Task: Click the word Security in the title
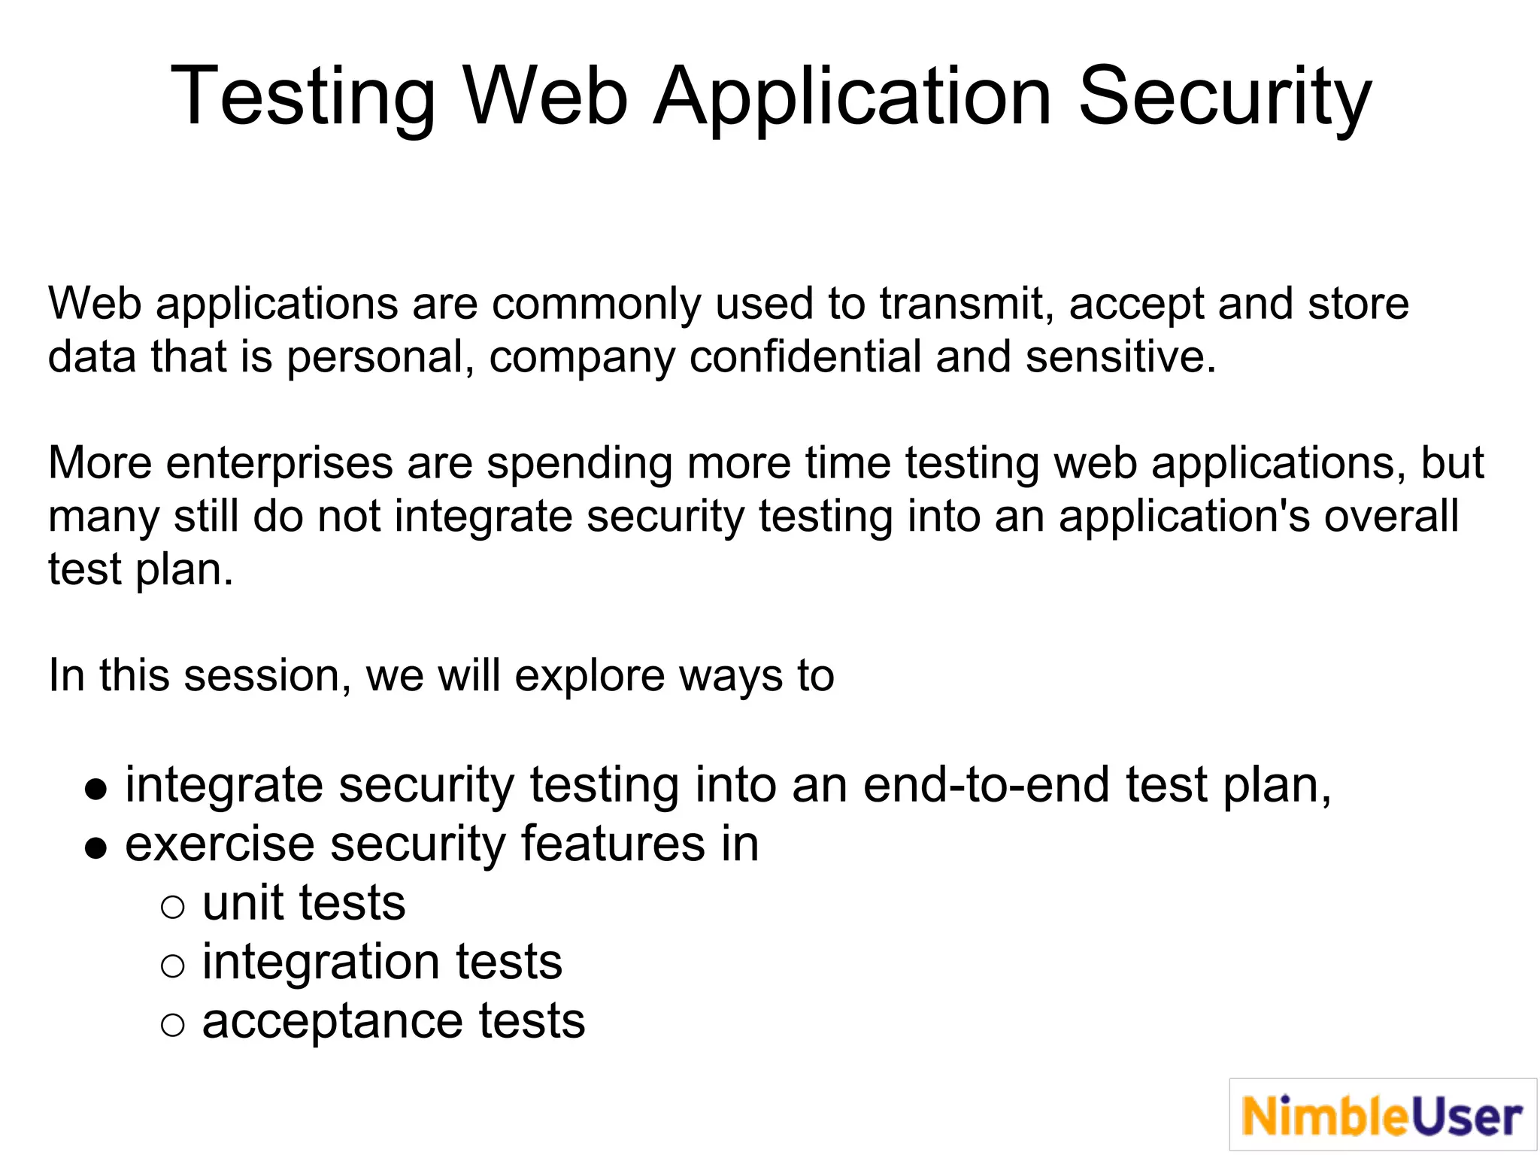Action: point(1225,97)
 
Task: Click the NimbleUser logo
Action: point(1382,1114)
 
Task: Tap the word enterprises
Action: point(279,463)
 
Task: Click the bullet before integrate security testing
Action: point(95,790)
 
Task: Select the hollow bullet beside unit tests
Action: point(172,908)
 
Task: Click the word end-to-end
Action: point(986,785)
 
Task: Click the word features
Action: point(613,844)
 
